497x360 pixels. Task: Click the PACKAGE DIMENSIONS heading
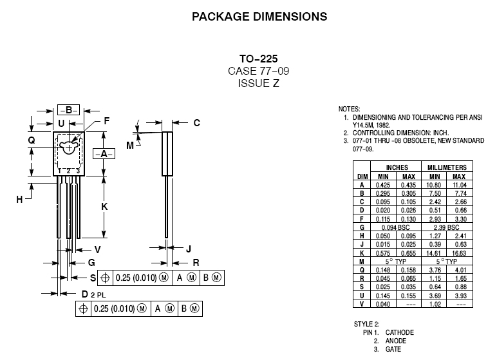pos(259,17)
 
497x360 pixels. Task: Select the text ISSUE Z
pos(258,83)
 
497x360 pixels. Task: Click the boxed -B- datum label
pos(68,109)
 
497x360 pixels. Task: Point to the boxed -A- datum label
pos(104,153)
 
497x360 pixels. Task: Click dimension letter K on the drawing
pos(104,206)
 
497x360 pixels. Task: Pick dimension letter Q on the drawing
pos(31,139)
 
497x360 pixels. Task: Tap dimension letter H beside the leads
pos(19,199)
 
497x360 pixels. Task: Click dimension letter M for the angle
pos(130,146)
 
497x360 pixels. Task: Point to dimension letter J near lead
pos(188,249)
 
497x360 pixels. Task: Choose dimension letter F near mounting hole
pos(107,120)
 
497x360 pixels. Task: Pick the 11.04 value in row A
pos(459,184)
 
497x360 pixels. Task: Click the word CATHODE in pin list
pos(400,332)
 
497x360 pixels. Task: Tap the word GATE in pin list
pos(393,349)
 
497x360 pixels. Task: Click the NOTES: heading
pos(350,109)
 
